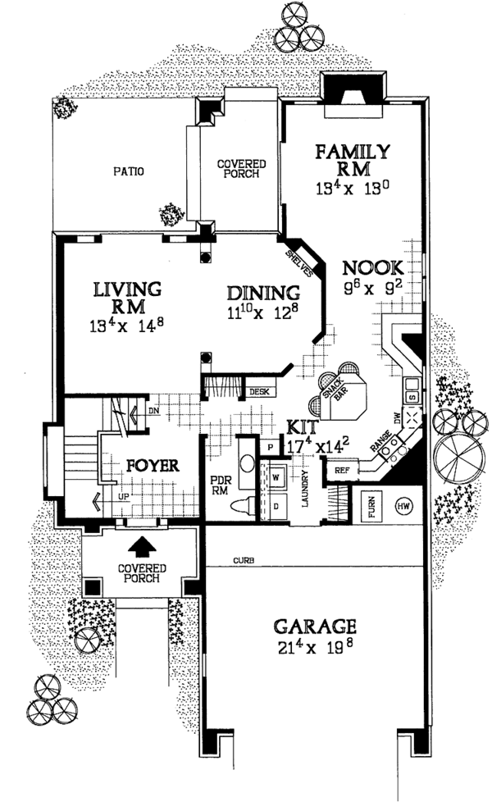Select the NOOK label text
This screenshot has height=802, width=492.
[x=373, y=267]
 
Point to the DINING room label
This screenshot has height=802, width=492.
[x=262, y=294]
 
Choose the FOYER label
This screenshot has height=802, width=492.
[x=153, y=465]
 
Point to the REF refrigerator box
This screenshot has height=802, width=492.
[x=341, y=470]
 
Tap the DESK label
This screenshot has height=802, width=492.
[x=260, y=392]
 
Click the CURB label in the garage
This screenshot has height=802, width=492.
[x=242, y=561]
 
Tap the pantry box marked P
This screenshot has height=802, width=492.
[x=270, y=447]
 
